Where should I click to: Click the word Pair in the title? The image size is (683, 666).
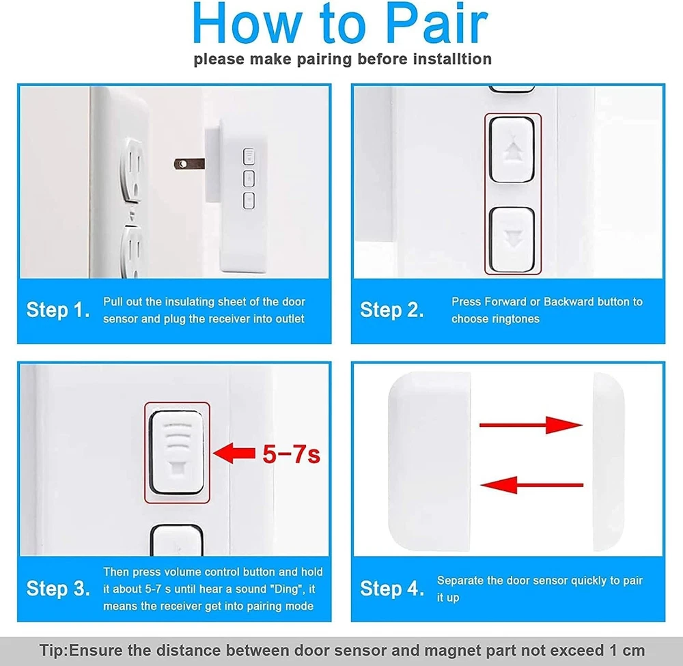(x=436, y=24)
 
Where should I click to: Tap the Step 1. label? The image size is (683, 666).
(x=58, y=310)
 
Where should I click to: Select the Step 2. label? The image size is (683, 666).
(x=391, y=310)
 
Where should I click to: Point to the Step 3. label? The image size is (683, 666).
(x=58, y=589)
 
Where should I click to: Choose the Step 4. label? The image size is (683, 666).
(x=392, y=589)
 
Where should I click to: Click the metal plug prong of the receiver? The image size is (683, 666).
(x=189, y=164)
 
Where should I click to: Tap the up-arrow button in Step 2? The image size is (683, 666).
(x=512, y=150)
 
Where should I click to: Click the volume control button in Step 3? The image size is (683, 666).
(x=177, y=452)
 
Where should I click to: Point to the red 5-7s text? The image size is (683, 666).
(x=291, y=454)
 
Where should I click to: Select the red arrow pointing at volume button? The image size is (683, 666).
(x=234, y=454)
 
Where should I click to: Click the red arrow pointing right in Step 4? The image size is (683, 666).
(x=531, y=425)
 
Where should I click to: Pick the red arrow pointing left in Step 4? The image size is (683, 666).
(x=531, y=484)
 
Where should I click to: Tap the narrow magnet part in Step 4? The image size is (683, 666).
(x=609, y=462)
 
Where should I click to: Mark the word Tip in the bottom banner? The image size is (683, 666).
(x=53, y=650)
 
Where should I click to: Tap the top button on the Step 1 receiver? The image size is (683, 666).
(x=249, y=156)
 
